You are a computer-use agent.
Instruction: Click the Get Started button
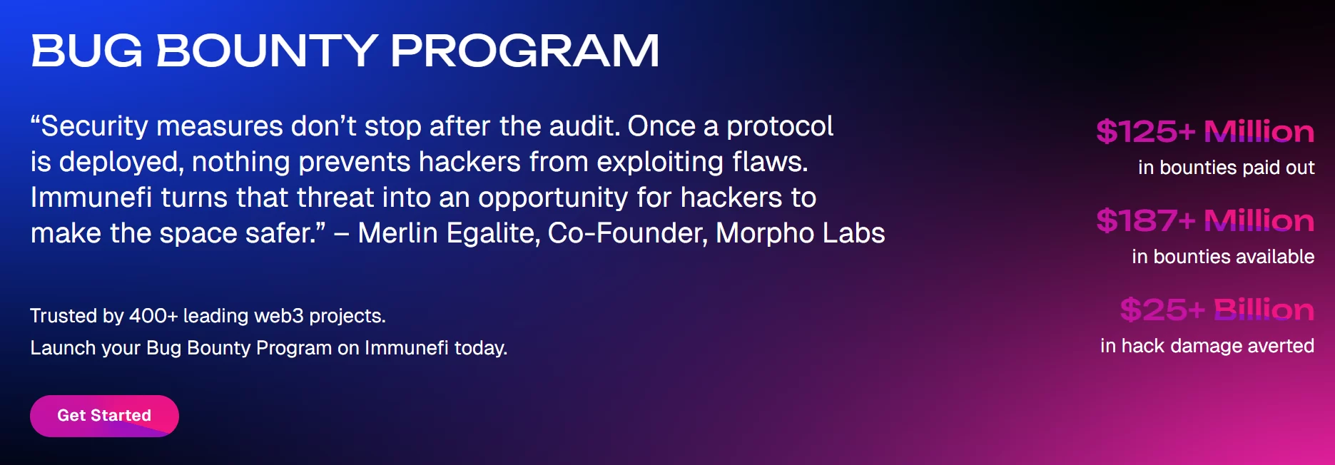pyautogui.click(x=104, y=416)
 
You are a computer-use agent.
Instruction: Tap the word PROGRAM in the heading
pyautogui.click(x=524, y=51)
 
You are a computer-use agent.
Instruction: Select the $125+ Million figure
pyautogui.click(x=1205, y=131)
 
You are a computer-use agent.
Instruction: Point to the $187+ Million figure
pyautogui.click(x=1205, y=220)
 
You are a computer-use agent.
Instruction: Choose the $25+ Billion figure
pyautogui.click(x=1217, y=310)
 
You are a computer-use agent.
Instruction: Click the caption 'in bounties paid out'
pyautogui.click(x=1226, y=168)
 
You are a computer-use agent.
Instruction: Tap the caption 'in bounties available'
pyautogui.click(x=1223, y=257)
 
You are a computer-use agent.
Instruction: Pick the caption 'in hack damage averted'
pyautogui.click(x=1207, y=346)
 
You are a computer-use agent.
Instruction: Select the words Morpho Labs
pyautogui.click(x=801, y=233)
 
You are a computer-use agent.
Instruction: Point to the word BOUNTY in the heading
pyautogui.click(x=267, y=51)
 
